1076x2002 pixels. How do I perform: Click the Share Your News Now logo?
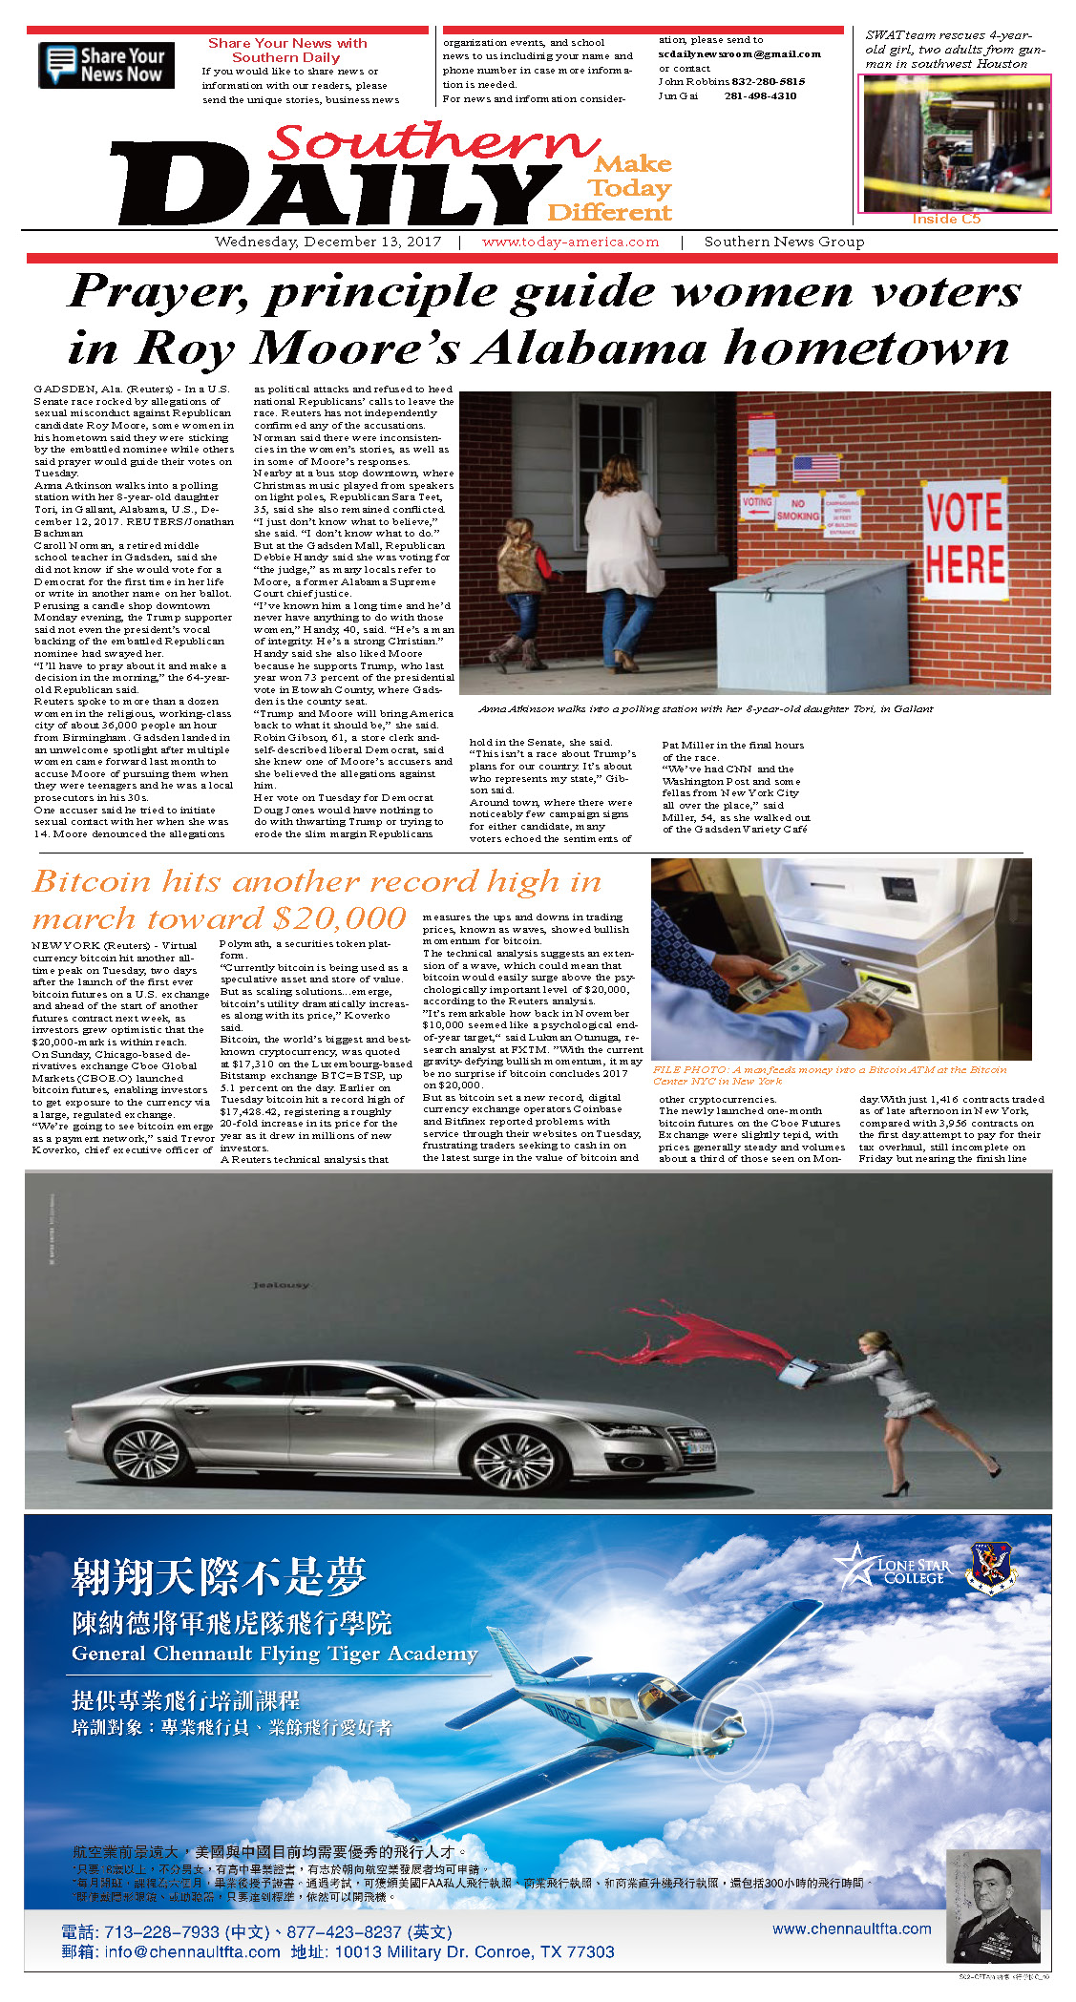[106, 65]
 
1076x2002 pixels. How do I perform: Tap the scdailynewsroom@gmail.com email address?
[739, 54]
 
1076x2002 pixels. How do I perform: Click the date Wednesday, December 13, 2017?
[327, 242]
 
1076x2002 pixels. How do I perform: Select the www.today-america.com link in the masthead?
[570, 242]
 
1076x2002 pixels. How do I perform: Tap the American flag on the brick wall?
[815, 467]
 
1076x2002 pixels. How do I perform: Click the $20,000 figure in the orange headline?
[340, 918]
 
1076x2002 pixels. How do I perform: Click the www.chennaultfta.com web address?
[852, 1928]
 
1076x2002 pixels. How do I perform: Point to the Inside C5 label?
[945, 219]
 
